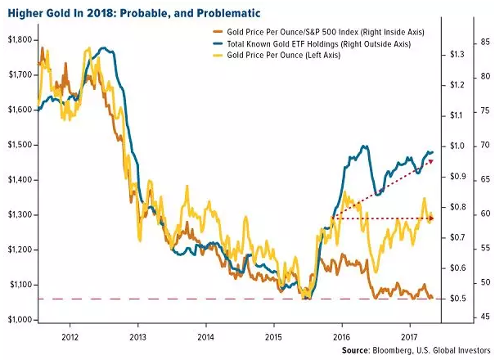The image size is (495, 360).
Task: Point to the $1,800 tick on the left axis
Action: (x=18, y=40)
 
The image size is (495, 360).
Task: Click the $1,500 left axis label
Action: (x=18, y=145)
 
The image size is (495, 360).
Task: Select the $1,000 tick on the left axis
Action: (x=18, y=320)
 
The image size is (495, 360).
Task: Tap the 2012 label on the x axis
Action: (x=70, y=335)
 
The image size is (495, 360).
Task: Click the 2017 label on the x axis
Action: (x=409, y=335)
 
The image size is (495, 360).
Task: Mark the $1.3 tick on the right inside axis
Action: (x=457, y=54)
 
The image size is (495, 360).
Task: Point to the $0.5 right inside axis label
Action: (x=457, y=299)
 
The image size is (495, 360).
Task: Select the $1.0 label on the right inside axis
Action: (x=457, y=146)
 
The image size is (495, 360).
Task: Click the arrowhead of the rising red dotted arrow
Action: (x=431, y=161)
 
